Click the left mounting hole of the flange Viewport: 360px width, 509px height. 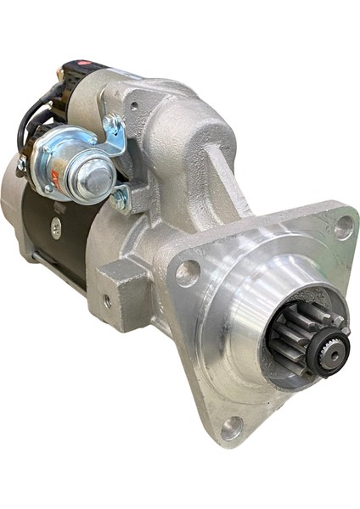click(x=188, y=272)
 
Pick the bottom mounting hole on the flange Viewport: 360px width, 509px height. click(x=230, y=426)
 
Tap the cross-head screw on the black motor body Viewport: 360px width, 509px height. click(x=56, y=227)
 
